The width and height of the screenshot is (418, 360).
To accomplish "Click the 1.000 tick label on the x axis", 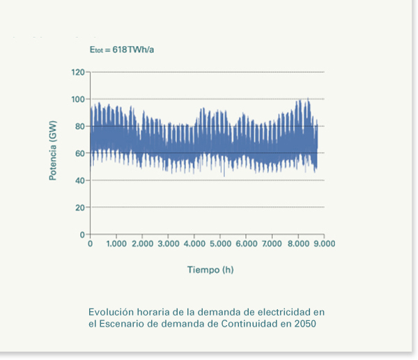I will click(116, 244).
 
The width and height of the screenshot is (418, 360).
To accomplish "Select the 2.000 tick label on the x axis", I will click(142, 244).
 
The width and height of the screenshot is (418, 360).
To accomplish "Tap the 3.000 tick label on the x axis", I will click(169, 244).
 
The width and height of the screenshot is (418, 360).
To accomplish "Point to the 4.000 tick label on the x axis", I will click(194, 244).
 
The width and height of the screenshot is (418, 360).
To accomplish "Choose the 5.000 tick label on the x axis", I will click(220, 244).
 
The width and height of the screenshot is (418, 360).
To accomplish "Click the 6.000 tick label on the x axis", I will click(246, 244).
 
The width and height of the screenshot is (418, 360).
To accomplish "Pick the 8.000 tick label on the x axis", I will click(298, 244).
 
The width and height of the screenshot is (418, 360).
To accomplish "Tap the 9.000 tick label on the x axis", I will click(324, 244).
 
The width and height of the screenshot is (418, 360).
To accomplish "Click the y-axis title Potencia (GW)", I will click(53, 151).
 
